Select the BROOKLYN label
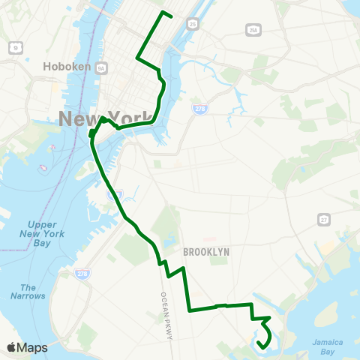205,252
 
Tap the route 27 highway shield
324,219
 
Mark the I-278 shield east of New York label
198,109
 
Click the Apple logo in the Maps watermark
11,348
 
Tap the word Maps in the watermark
32,348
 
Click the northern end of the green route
172,16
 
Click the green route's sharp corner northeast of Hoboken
137,58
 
